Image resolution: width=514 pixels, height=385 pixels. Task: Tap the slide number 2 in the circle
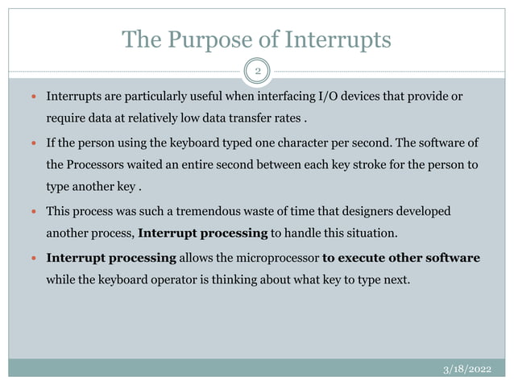coord(258,71)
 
